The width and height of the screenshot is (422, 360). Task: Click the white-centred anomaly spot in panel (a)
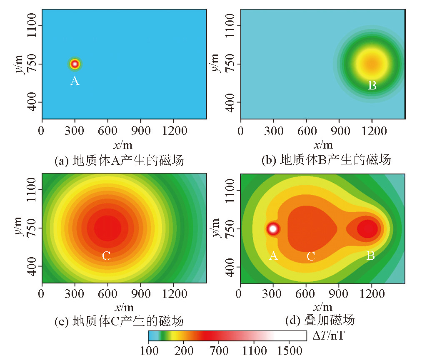pyautogui.click(x=75, y=64)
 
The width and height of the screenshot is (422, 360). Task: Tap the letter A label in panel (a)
pyautogui.click(x=75, y=81)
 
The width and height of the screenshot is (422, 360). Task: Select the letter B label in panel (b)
pyautogui.click(x=372, y=86)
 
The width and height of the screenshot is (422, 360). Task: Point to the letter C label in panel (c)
pyautogui.click(x=106, y=256)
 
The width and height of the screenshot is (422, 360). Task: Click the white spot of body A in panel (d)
pyautogui.click(x=273, y=228)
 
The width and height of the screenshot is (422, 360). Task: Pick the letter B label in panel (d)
pyautogui.click(x=370, y=256)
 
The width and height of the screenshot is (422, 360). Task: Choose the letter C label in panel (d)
pyautogui.click(x=310, y=256)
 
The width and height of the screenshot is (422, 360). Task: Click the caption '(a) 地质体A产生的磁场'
pyautogui.click(x=119, y=160)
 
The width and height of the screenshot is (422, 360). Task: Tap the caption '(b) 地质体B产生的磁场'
pyautogui.click(x=326, y=160)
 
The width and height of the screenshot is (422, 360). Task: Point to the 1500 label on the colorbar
pyautogui.click(x=287, y=352)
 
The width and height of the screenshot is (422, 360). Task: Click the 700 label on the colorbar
pyautogui.click(x=219, y=352)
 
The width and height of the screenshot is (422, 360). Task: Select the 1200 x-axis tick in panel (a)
pyautogui.click(x=173, y=131)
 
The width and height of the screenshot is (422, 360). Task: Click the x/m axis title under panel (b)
pyautogui.click(x=323, y=144)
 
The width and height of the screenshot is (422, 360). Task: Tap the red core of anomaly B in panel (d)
pyautogui.click(x=367, y=228)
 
